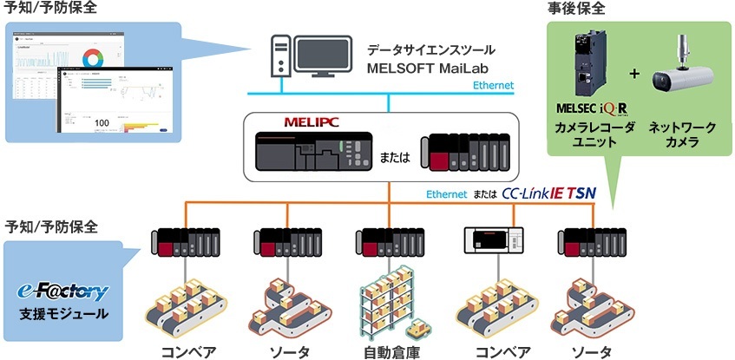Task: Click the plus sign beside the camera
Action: pos(634,74)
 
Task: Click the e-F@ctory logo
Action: pos(62,290)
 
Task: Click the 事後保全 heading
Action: pos(577,9)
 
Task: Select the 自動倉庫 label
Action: pos(388,351)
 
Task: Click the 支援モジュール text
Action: pos(63,312)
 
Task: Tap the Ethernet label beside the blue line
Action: pos(493,85)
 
